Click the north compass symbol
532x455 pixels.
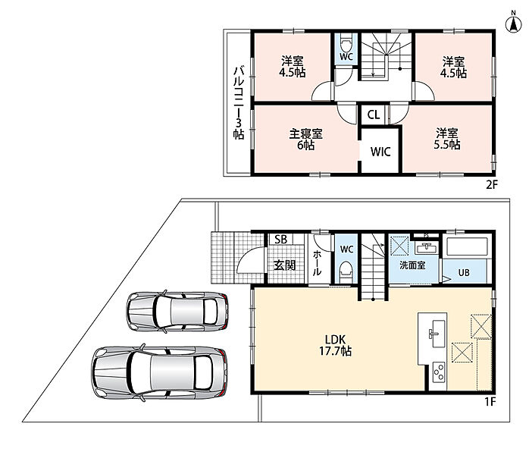(514, 23)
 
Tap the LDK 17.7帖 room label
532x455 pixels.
(335, 345)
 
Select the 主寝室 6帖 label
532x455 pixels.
(305, 140)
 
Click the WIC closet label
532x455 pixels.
(380, 152)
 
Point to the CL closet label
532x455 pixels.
(374, 115)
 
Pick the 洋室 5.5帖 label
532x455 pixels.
(447, 139)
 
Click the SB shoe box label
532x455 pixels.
(280, 240)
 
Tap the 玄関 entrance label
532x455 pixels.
(285, 265)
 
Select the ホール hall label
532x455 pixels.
(318, 262)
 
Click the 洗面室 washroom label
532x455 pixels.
(412, 265)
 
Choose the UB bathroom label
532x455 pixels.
(464, 272)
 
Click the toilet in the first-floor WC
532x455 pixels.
(346, 270)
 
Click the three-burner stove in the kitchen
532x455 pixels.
(439, 372)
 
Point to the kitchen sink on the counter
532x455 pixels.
(434, 334)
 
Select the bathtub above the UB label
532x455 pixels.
(467, 246)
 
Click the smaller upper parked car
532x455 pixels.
(177, 312)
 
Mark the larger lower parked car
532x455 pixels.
(159, 372)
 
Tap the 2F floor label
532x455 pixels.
(492, 185)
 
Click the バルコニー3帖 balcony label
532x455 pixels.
(238, 103)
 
